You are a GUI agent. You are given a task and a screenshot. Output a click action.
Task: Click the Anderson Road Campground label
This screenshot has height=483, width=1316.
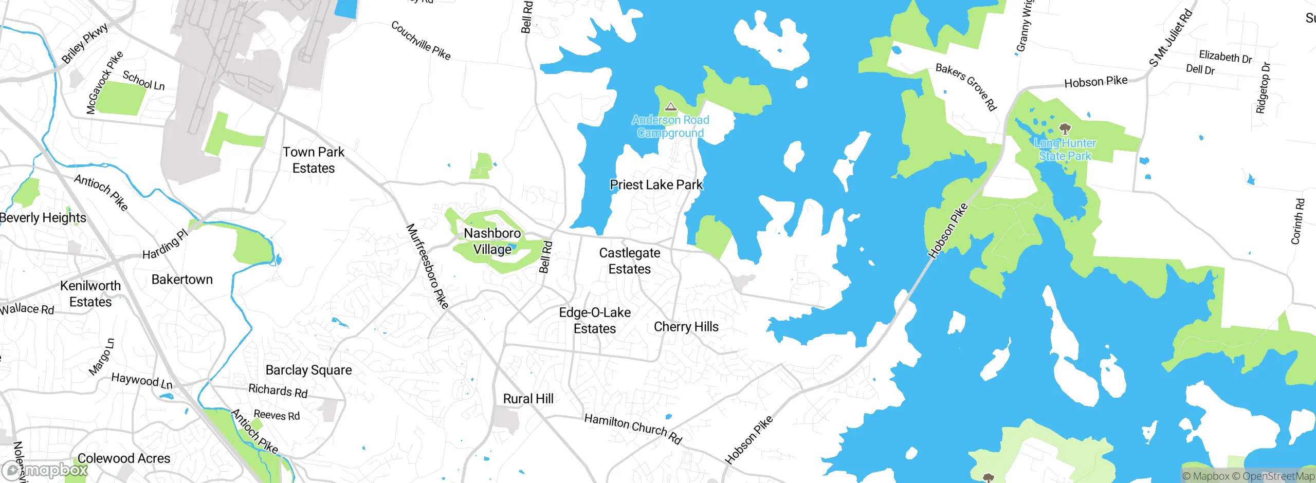(x=670, y=126)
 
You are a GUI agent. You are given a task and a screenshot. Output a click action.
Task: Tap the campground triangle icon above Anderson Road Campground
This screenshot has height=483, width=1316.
(x=670, y=107)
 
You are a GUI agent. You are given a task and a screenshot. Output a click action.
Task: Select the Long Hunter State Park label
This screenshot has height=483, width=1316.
(x=1065, y=150)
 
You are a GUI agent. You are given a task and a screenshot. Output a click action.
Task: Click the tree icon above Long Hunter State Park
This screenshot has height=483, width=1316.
(x=1065, y=128)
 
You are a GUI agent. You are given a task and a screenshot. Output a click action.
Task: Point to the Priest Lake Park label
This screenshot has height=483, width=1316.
(x=656, y=185)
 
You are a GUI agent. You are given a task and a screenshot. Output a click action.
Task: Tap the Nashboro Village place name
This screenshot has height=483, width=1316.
(x=492, y=241)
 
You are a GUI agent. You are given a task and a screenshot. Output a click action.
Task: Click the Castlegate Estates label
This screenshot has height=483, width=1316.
(x=629, y=261)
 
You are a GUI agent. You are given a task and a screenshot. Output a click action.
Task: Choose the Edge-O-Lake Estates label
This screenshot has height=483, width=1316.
(x=595, y=321)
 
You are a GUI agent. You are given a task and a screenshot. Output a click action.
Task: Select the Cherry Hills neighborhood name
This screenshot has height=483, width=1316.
(x=686, y=327)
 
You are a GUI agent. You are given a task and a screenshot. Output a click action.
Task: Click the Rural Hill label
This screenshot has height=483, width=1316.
(x=528, y=399)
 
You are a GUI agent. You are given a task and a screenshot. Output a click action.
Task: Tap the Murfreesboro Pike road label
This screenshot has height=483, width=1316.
(x=427, y=266)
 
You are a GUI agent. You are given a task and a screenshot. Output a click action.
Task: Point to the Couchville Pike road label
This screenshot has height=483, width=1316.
(x=421, y=41)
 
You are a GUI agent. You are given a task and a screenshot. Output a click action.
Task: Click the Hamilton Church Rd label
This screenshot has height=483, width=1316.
(x=633, y=429)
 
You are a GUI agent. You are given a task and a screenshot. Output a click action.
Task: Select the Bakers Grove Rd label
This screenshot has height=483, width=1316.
(x=966, y=86)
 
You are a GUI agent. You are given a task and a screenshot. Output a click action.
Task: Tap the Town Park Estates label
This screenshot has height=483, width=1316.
(x=313, y=160)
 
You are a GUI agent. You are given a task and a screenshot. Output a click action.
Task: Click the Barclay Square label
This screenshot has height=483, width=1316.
(x=308, y=370)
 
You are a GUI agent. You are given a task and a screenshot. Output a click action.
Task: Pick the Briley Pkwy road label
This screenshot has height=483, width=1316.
(x=85, y=43)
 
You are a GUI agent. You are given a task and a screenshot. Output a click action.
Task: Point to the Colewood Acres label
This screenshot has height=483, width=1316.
(x=123, y=458)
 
